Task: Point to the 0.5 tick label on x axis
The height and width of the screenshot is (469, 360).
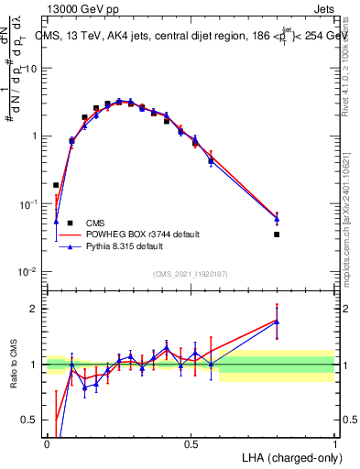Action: pos(191,443)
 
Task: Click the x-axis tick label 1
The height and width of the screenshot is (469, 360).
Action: pos(335,443)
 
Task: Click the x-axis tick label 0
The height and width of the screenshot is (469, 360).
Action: pos(48,443)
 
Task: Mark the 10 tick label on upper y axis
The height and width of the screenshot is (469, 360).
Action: pos(31,69)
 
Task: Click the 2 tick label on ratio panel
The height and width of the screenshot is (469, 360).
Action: pos(36,309)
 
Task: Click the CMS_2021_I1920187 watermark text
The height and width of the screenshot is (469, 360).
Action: pos(190,274)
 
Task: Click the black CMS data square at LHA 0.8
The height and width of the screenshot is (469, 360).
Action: pos(277,234)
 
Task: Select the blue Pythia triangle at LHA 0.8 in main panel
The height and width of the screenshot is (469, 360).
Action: pos(277,219)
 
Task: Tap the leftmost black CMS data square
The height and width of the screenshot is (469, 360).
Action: pos(56,185)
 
